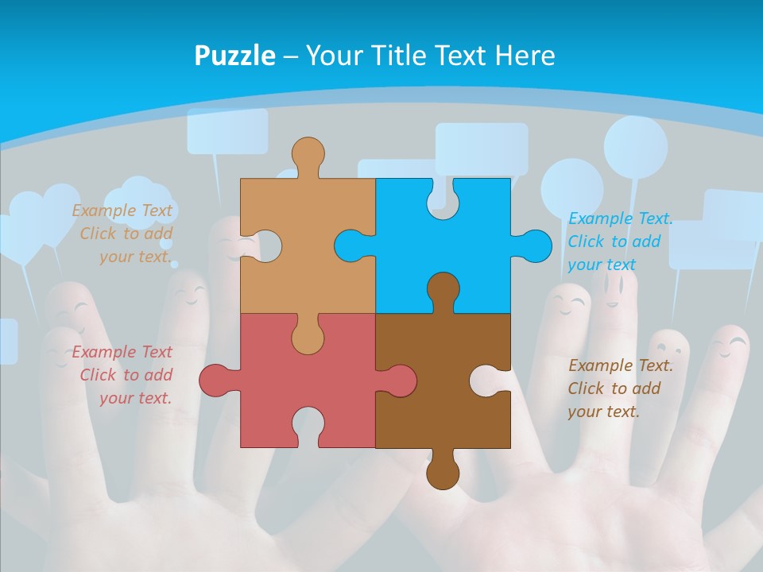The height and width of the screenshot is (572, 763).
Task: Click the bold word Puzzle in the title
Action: [x=234, y=56]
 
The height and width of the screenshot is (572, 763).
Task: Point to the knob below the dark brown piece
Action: [x=443, y=473]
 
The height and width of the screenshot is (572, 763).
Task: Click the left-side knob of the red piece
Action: [x=216, y=381]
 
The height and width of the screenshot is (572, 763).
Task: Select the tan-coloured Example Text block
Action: [x=123, y=234]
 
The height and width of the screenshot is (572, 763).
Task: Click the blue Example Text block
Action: [x=620, y=242]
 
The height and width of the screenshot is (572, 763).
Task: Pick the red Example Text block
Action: [x=123, y=375]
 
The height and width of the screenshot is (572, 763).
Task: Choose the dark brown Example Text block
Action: [x=620, y=388]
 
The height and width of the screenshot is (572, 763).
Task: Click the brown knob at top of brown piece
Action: [x=443, y=289]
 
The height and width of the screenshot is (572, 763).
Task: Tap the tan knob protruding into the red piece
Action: [x=308, y=338]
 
